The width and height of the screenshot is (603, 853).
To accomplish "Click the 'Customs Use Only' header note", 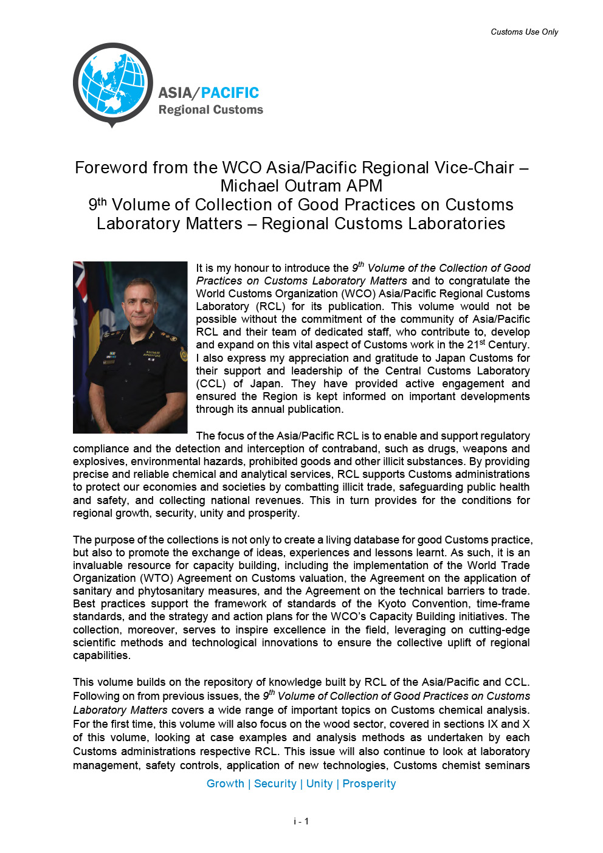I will click(524, 32).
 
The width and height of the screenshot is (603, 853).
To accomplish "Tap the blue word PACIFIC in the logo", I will click(230, 93).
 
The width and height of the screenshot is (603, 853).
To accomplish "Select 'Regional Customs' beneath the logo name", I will click(210, 110).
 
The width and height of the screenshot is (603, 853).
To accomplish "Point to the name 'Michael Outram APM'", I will click(301, 186).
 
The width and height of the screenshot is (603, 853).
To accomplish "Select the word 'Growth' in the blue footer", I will click(225, 784).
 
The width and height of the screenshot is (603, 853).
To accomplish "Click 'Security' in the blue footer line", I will click(275, 784).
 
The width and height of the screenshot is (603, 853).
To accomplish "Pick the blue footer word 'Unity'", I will click(319, 784).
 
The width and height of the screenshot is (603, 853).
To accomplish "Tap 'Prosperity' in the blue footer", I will click(369, 784).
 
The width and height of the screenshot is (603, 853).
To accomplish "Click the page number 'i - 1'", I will click(301, 821).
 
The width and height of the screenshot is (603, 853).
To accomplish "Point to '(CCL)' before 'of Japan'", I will click(210, 384).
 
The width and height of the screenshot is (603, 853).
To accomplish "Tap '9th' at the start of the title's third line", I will click(97, 204).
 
